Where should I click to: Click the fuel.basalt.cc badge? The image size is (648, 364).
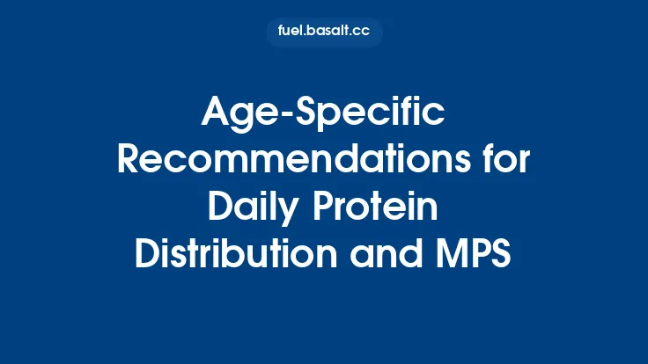tap(324, 33)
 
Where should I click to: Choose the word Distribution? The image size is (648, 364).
tap(236, 254)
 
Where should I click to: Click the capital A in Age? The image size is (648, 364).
tap(216, 112)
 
